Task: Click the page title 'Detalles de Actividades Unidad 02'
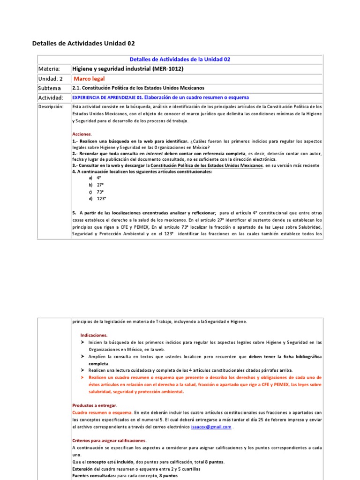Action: [83, 43]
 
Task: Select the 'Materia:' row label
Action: [49, 69]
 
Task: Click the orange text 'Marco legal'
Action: [90, 79]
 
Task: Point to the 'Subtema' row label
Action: [49, 88]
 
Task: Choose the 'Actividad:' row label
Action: [51, 97]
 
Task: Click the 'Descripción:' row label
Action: [51, 107]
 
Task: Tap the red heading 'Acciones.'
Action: [82, 134]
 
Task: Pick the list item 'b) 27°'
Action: [96, 185]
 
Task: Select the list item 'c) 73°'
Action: [96, 192]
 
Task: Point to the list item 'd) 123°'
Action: [97, 199]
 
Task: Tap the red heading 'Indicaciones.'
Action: [94, 335]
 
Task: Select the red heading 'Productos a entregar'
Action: [95, 405]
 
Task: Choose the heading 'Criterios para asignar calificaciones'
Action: [109, 441]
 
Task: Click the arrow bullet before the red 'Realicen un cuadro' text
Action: [83, 377]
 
